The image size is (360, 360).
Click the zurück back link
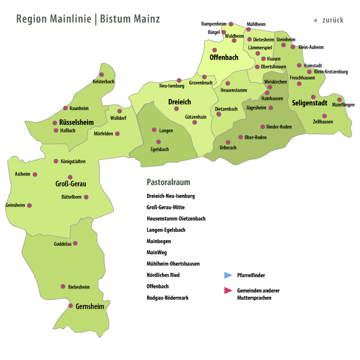coord(332,20)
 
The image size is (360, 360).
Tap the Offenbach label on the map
coord(224,58)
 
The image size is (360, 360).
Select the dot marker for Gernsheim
coord(71,306)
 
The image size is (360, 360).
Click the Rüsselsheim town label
coord(69,122)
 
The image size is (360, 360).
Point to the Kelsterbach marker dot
coord(101,75)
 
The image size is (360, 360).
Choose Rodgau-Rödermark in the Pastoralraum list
coord(167,297)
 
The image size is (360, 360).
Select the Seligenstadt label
coord(313,103)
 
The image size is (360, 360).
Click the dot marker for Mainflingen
coord(339,99)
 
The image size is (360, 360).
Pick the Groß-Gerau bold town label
coord(70,184)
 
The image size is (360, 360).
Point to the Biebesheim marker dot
coord(63,286)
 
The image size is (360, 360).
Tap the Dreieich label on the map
coord(179,102)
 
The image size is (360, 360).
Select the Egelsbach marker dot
coord(158,141)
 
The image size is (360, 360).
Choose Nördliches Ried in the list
coord(163,275)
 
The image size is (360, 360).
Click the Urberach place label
coord(228,148)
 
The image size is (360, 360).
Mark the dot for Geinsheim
coord(29,205)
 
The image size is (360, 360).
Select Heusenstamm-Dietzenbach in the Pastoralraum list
coord(176,219)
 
